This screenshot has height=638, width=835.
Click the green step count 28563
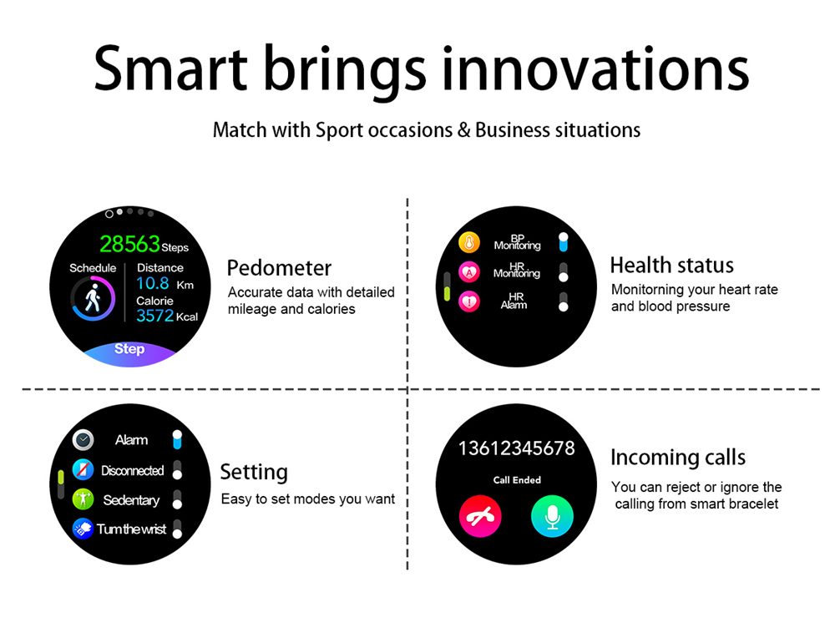point(130,245)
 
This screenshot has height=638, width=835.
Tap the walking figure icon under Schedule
point(94,297)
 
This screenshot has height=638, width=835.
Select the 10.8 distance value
point(153,283)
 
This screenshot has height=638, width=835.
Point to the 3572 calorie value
point(155,316)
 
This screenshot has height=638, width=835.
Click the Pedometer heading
point(279,268)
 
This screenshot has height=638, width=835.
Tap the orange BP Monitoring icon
point(469,243)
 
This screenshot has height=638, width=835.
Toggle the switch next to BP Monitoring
point(564,242)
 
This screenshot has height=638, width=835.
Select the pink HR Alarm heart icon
point(469,302)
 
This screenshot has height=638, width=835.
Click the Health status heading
point(672,265)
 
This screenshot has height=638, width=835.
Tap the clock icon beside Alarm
point(83,440)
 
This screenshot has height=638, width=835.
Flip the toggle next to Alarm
point(177,439)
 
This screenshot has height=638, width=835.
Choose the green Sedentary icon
point(83,499)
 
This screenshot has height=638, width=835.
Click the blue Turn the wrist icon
point(83,529)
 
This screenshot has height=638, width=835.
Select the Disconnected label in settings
point(133,471)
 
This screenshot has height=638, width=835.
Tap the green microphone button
point(552,516)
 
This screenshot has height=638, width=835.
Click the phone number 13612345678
point(517,448)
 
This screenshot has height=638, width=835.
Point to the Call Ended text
point(517,480)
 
